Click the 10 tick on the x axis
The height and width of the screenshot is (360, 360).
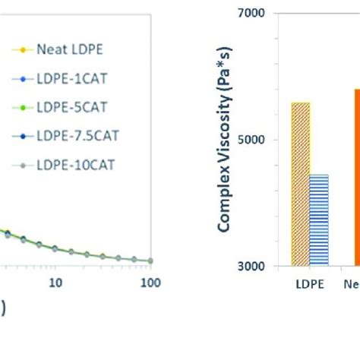coord(55,283)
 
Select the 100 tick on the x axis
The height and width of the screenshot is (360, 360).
coord(150,283)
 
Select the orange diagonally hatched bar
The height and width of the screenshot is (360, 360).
coord(301,184)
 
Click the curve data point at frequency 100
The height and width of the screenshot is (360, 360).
coord(150,261)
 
